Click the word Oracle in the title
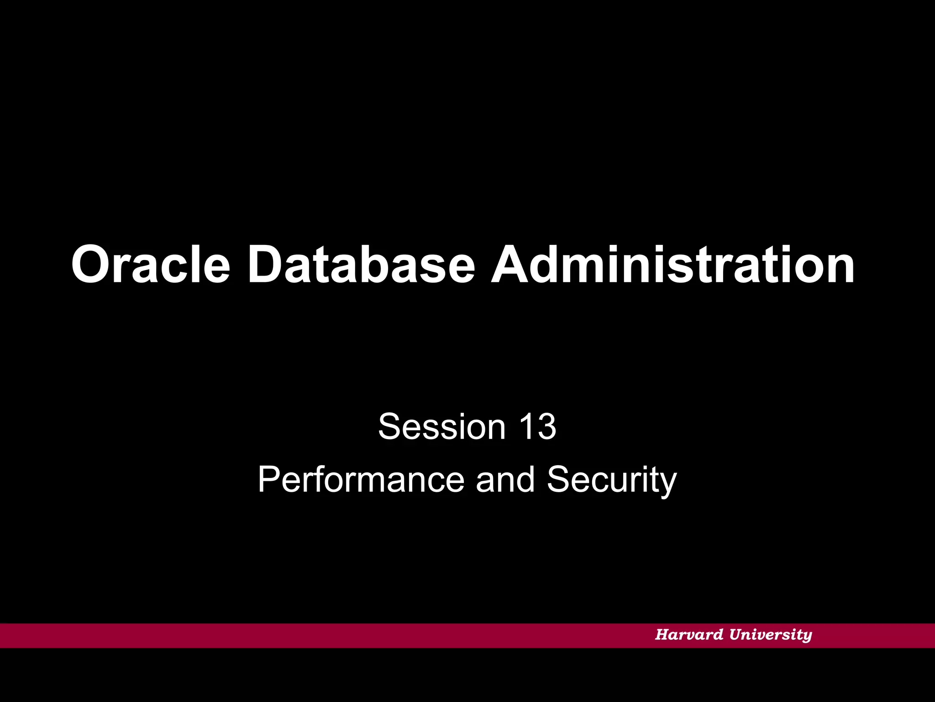[x=151, y=265]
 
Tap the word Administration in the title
[x=672, y=265]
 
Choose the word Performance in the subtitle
[x=361, y=479]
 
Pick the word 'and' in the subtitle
[x=505, y=479]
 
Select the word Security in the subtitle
[x=612, y=479]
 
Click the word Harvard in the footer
[x=689, y=634]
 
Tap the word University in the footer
[x=771, y=634]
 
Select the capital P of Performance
[x=269, y=479]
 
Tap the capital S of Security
[x=559, y=479]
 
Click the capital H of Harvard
[x=662, y=634]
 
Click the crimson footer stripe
[x=320, y=635]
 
